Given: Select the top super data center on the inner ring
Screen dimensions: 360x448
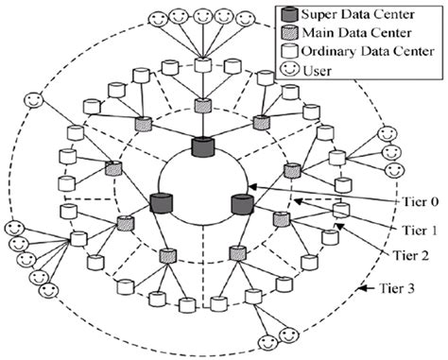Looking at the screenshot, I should click(201, 147).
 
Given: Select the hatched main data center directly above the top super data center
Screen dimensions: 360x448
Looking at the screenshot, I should click(201, 105).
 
